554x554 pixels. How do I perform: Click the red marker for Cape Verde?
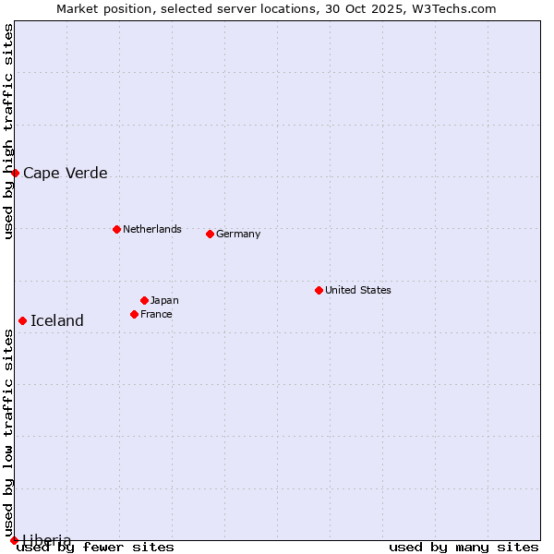pyautogui.click(x=15, y=173)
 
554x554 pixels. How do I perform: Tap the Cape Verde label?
pyautogui.click(x=65, y=174)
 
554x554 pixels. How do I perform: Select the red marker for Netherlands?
pyautogui.click(x=116, y=229)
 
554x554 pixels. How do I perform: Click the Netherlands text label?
pyautogui.click(x=151, y=229)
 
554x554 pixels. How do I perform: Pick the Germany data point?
pyautogui.click(x=210, y=234)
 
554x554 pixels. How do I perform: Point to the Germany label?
pyautogui.click(x=238, y=234)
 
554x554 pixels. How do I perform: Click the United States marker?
pyautogui.click(x=319, y=290)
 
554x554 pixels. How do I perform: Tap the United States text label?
pyautogui.click(x=357, y=290)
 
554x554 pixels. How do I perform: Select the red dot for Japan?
pyautogui.click(x=144, y=300)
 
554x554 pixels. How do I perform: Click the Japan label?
pyautogui.click(x=164, y=300)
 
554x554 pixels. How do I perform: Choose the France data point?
pyautogui.click(x=134, y=314)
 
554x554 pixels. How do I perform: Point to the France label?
pyautogui.click(x=156, y=314)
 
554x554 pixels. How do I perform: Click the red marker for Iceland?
pyautogui.click(x=22, y=320)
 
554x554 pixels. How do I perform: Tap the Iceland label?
pyautogui.click(x=57, y=321)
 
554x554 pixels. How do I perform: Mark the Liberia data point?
pyautogui.click(x=14, y=540)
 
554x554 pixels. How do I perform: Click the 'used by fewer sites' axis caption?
pyautogui.click(x=96, y=548)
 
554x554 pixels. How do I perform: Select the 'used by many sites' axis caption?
pyautogui.click(x=464, y=548)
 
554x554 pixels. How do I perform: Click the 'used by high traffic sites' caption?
pyautogui.click(x=8, y=131)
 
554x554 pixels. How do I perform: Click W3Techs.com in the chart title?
pyautogui.click(x=453, y=8)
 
